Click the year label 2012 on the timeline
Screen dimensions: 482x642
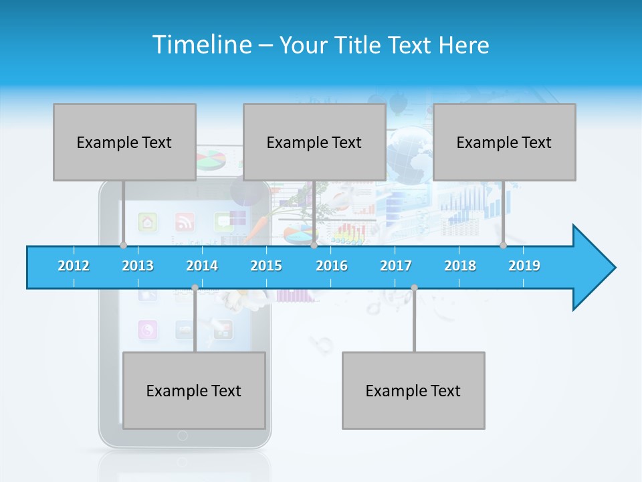[74, 266]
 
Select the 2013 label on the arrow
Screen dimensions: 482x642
[138, 266]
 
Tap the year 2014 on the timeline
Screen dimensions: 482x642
[202, 266]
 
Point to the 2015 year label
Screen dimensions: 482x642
[266, 266]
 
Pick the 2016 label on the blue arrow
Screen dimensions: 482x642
[332, 266]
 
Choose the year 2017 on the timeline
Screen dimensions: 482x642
[396, 266]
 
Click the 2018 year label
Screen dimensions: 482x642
[460, 266]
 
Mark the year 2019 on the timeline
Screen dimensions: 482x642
[524, 266]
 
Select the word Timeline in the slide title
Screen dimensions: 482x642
[200, 45]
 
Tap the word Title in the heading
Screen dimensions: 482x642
[358, 46]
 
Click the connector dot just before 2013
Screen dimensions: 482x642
[123, 245]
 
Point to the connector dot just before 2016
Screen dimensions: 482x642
[314, 245]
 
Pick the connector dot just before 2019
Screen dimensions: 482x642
[503, 245]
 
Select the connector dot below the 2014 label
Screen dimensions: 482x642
[195, 288]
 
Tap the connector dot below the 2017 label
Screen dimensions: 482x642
[414, 288]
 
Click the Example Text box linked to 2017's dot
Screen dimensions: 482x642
[413, 390]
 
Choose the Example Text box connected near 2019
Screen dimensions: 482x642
[504, 142]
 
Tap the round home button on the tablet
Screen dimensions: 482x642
[183, 436]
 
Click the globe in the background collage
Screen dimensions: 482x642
[409, 151]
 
